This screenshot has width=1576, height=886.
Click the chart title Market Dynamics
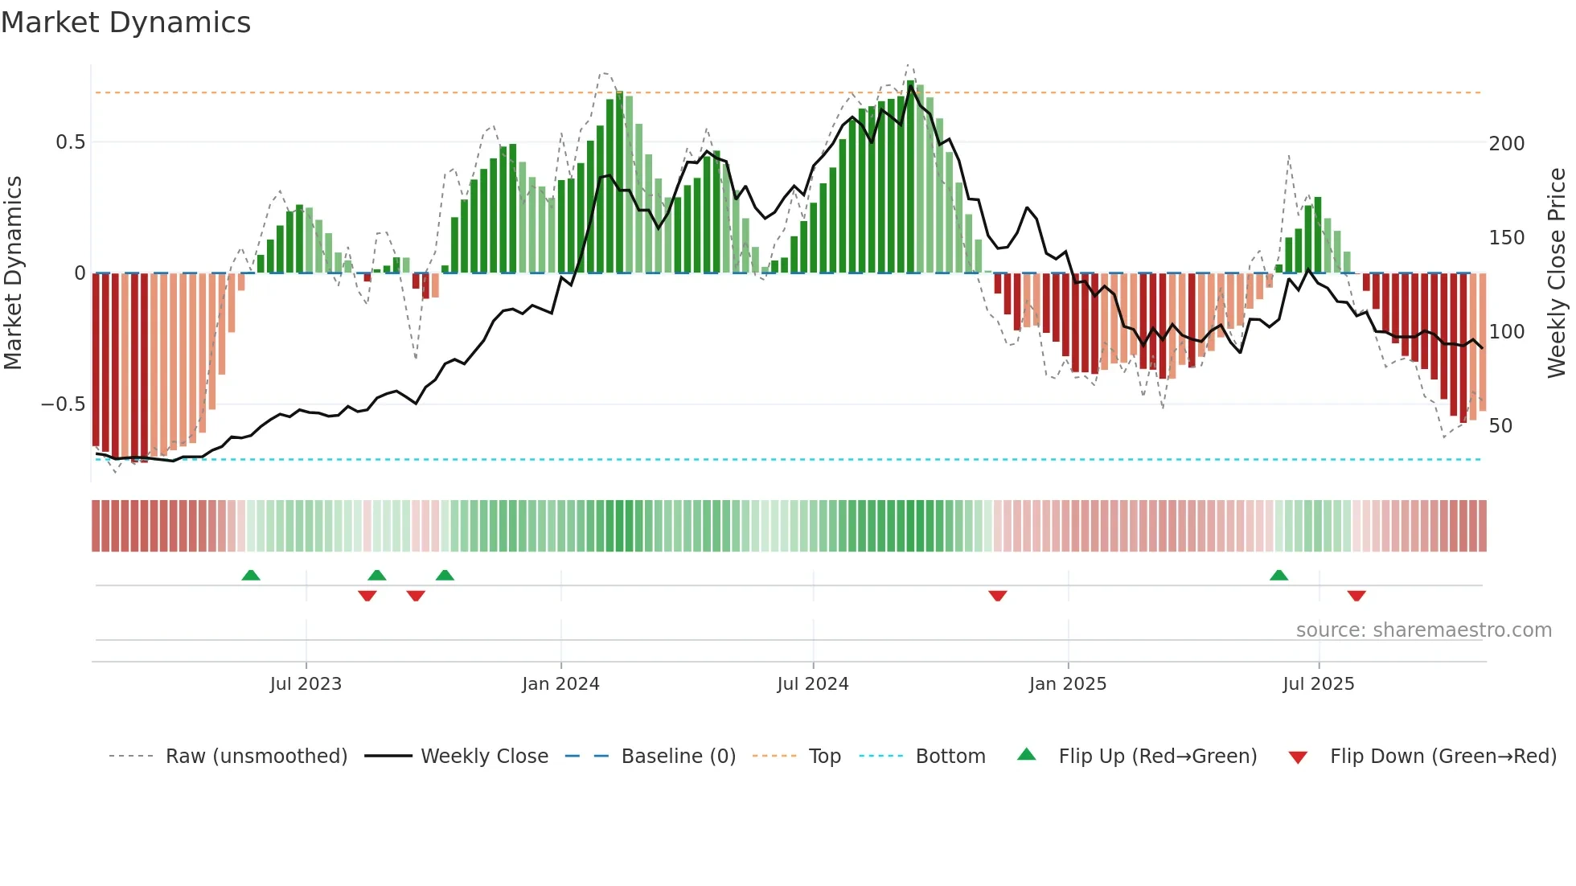click(x=125, y=23)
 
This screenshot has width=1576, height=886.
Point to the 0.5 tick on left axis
click(x=70, y=142)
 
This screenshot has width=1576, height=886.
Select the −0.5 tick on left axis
click(x=63, y=404)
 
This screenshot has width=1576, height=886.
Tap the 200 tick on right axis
click(x=1506, y=144)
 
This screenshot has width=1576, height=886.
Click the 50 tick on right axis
click(x=1500, y=426)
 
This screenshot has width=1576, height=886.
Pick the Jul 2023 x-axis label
click(x=306, y=684)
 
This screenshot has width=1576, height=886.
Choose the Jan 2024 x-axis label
click(x=560, y=684)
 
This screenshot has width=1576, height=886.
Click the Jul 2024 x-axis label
click(x=812, y=684)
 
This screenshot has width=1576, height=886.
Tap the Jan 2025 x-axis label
click(x=1067, y=684)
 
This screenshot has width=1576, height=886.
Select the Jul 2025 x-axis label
click(x=1318, y=684)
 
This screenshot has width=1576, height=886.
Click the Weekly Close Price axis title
click(x=1557, y=273)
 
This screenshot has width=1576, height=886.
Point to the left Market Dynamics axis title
click(x=13, y=273)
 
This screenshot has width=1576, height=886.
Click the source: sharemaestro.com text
click(x=1423, y=630)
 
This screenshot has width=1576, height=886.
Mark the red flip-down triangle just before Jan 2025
click(x=997, y=596)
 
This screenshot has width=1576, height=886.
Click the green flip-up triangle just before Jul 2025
click(x=1278, y=575)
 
